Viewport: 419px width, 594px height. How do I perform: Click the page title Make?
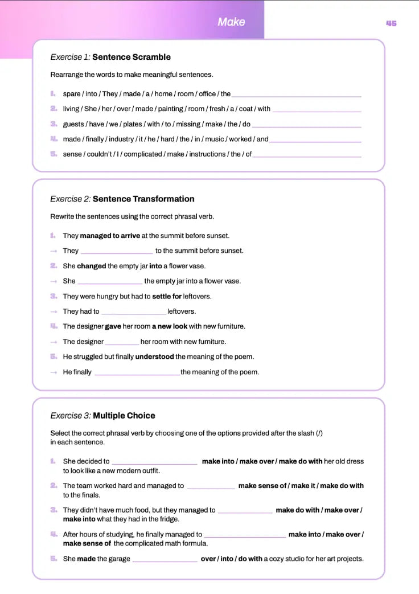click(231, 22)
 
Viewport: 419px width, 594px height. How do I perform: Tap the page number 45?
click(391, 23)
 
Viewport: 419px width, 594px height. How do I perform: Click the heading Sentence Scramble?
click(132, 57)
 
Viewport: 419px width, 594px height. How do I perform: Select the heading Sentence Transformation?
click(143, 199)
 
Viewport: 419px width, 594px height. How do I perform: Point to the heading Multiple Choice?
click(124, 416)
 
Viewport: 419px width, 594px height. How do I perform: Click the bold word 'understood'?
click(154, 357)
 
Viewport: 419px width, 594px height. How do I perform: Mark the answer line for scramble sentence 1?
click(296, 96)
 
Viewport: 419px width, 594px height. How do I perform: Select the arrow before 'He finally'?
click(54, 372)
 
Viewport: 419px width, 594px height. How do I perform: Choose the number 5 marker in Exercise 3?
click(54, 559)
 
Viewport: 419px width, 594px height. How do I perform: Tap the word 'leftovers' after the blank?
click(181, 312)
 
